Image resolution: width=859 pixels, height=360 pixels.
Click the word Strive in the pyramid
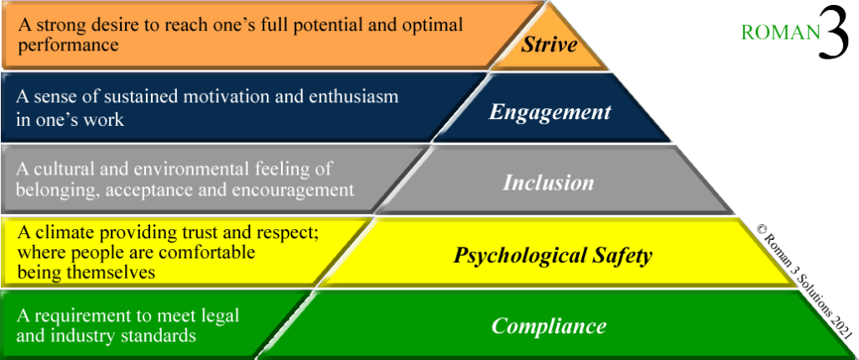(549, 44)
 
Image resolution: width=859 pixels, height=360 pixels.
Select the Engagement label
(550, 112)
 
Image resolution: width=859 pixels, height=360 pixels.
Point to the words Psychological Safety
(553, 255)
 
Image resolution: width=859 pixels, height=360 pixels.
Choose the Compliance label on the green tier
(549, 326)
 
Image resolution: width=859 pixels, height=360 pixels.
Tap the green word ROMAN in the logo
(779, 34)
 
